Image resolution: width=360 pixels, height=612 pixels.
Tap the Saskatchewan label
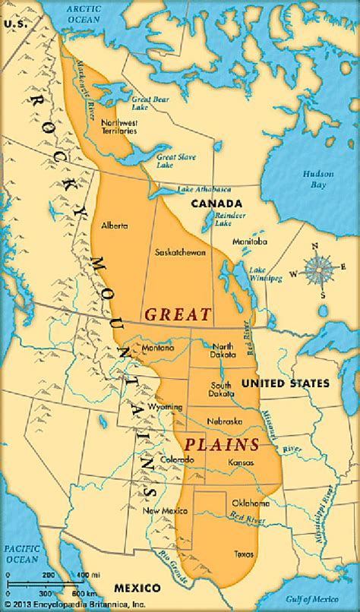pos(179,252)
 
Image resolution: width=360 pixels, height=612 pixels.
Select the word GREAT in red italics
pos(177,313)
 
